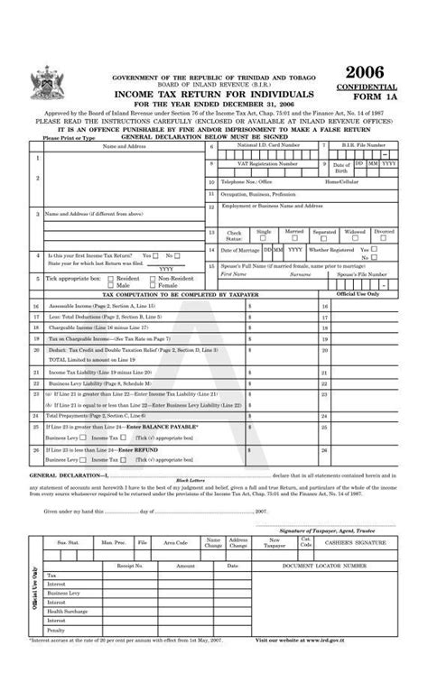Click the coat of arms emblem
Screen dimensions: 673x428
click(42, 84)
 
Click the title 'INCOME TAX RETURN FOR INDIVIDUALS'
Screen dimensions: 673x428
click(213, 94)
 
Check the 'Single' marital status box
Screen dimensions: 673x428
click(264, 237)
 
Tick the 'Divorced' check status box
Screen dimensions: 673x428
click(385, 237)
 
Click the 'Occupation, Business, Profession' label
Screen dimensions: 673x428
click(258, 194)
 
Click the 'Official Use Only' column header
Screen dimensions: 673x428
click(358, 293)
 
